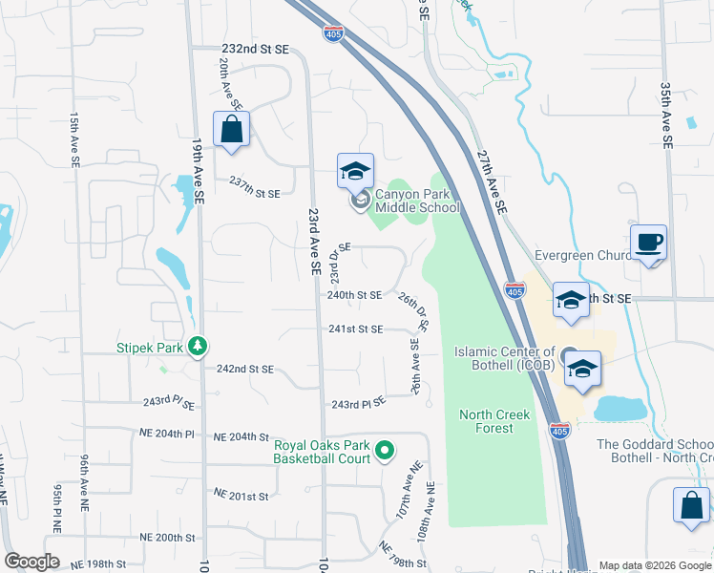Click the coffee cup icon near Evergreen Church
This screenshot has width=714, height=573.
tap(648, 243)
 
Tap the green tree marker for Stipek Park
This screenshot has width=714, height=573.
tap(199, 346)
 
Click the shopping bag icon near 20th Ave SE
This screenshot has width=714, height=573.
tap(231, 129)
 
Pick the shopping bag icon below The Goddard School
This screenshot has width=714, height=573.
tap(690, 505)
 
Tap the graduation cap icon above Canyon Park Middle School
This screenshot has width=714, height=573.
tap(355, 171)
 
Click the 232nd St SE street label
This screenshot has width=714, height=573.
tap(254, 48)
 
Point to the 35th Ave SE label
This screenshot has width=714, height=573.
tap(665, 117)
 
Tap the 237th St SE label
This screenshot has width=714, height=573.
tap(254, 192)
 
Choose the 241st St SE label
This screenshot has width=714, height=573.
tap(355, 329)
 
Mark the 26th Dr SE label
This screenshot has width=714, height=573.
tap(413, 310)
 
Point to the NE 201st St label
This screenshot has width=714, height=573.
tap(242, 496)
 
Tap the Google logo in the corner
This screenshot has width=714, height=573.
tap(32, 562)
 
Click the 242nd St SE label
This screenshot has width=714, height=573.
tap(245, 369)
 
